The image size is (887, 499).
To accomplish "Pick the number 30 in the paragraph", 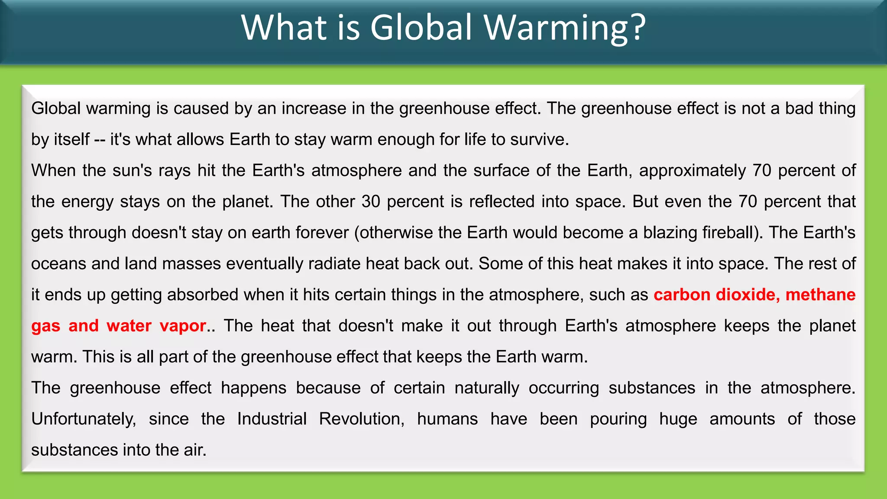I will [x=371, y=201].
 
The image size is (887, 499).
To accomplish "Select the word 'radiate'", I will [x=334, y=264].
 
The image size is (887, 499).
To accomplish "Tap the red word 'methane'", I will [x=820, y=295].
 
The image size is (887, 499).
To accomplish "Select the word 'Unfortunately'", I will [x=84, y=419].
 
